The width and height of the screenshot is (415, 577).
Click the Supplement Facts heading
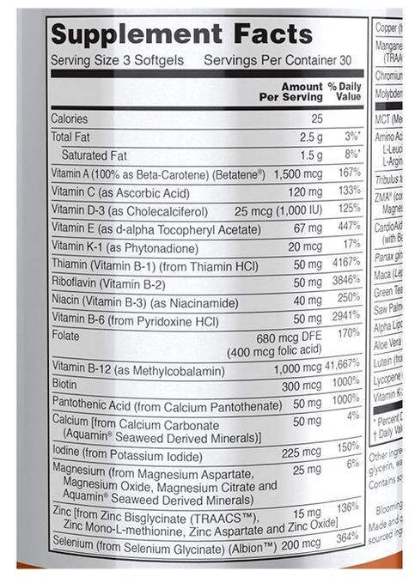(x=181, y=34)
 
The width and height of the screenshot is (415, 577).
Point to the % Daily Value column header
(x=343, y=93)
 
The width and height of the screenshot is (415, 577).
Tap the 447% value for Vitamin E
(x=346, y=227)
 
